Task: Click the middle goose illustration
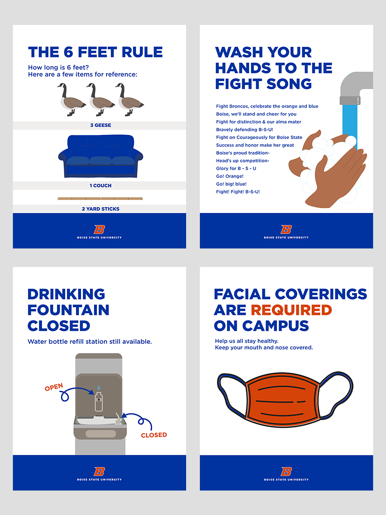(x=100, y=100)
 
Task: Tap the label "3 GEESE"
(x=100, y=125)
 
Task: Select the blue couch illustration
(x=100, y=156)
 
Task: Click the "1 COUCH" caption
(x=100, y=185)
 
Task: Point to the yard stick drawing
(x=100, y=199)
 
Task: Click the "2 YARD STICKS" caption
(x=100, y=209)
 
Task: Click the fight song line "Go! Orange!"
(x=230, y=176)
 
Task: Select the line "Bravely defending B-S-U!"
(x=244, y=130)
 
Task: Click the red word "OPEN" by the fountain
(x=54, y=387)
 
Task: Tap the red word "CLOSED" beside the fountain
(x=154, y=435)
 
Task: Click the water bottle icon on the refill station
(x=99, y=402)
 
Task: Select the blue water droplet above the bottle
(x=99, y=388)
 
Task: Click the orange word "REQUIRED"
(x=291, y=310)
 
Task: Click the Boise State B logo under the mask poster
(x=286, y=471)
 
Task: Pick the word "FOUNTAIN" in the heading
(x=69, y=310)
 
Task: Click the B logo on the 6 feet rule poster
(x=100, y=230)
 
